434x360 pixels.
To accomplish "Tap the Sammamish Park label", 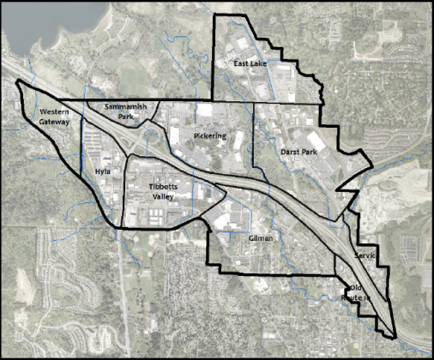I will (x=125, y=111).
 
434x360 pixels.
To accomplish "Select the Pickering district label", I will (x=210, y=135).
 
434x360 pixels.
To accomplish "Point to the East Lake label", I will (x=250, y=64).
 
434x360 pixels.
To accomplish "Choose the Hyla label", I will (x=104, y=171).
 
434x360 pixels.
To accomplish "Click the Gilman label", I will (x=259, y=238).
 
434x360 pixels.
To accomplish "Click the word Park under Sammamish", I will (x=125, y=116).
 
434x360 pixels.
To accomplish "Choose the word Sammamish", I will (x=125, y=105).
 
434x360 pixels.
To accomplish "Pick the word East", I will (x=241, y=64).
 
